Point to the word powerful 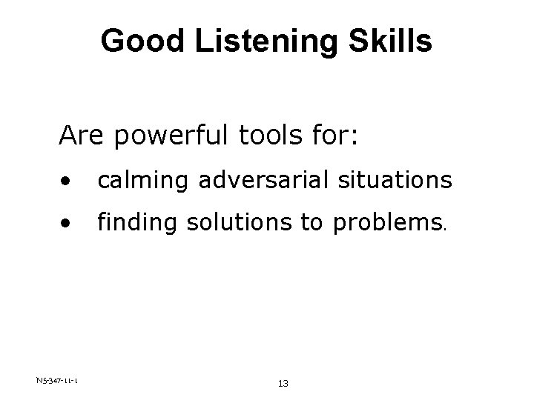[x=159, y=136]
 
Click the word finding [x=134, y=222]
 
